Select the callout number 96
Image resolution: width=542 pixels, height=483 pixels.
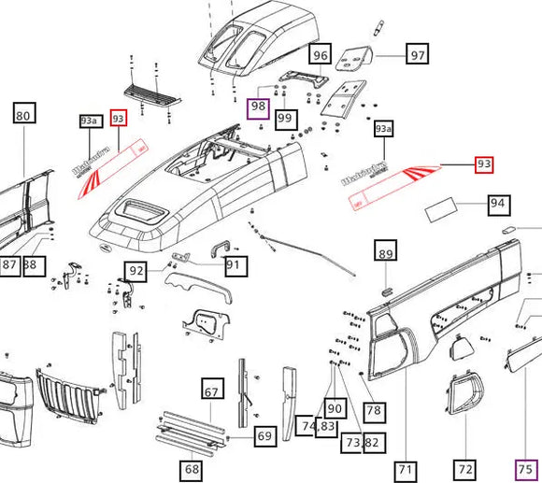(x=321, y=55)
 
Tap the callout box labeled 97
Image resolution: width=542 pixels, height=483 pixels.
(x=418, y=55)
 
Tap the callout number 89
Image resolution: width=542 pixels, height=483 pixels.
(x=385, y=252)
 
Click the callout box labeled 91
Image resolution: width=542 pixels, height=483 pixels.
(x=234, y=266)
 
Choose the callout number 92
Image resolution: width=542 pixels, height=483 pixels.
(x=136, y=273)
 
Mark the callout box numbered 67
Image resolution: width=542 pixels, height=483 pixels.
(x=212, y=392)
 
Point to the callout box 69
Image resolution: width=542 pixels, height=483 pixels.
(x=264, y=435)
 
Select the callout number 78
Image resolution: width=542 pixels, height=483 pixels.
(x=374, y=410)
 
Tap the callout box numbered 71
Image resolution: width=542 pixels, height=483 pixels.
(x=405, y=469)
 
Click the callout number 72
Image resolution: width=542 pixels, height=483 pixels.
(x=465, y=469)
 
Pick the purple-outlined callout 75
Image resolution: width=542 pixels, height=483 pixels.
(x=526, y=470)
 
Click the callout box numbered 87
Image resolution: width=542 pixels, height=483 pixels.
(x=10, y=266)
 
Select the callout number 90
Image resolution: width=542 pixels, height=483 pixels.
(x=335, y=408)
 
